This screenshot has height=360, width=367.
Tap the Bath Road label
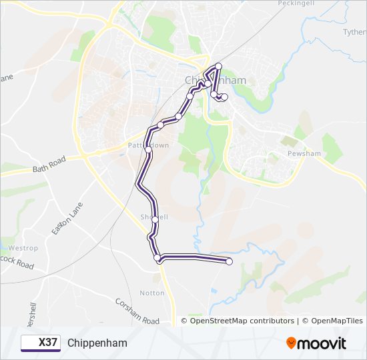click(49, 165)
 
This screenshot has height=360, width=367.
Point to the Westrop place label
click(23, 248)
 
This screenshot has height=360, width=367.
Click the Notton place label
click(151, 293)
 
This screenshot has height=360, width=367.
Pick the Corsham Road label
click(137, 311)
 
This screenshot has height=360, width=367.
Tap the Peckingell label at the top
click(295, 3)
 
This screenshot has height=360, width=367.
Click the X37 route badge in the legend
click(40, 343)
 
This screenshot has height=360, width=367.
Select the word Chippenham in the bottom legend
click(97, 343)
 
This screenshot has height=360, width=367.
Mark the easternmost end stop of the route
click(230, 261)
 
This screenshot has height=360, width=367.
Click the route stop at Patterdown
click(148, 151)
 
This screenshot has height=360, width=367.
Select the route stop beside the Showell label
click(155, 219)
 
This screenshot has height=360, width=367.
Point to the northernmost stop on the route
click(218, 65)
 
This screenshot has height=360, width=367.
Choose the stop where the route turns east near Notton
click(157, 257)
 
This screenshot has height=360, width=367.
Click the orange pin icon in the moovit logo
click(292, 343)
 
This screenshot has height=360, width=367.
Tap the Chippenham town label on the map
click(215, 80)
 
